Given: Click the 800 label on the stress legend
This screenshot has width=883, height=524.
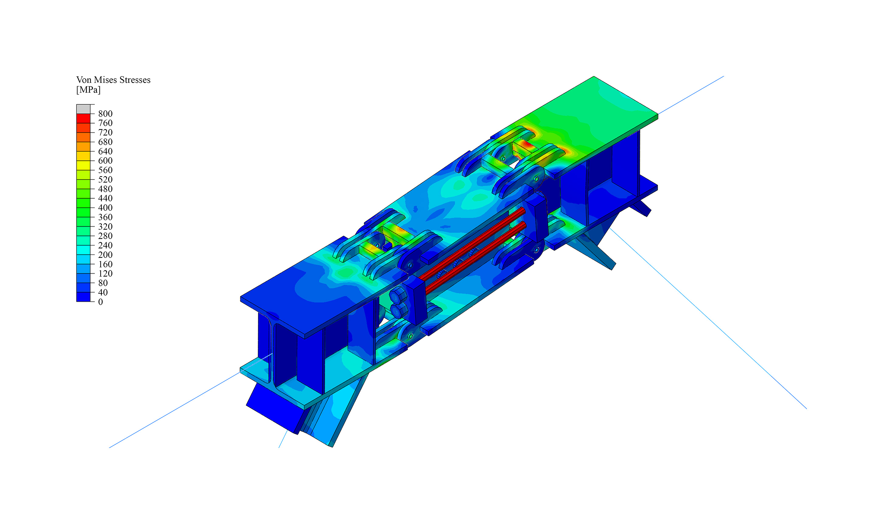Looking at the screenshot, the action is [x=105, y=114].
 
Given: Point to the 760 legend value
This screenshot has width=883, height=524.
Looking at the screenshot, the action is [x=105, y=123].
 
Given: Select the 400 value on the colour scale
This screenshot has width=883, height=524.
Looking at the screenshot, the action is [x=105, y=208].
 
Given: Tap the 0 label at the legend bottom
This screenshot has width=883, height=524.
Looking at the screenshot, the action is [x=101, y=302].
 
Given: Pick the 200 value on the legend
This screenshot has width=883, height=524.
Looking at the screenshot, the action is [x=105, y=255].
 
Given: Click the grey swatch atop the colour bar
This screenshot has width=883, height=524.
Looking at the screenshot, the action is [x=83, y=109].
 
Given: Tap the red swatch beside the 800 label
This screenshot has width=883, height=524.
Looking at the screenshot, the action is [x=83, y=118].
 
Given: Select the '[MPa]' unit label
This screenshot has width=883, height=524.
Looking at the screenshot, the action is [x=88, y=90].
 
